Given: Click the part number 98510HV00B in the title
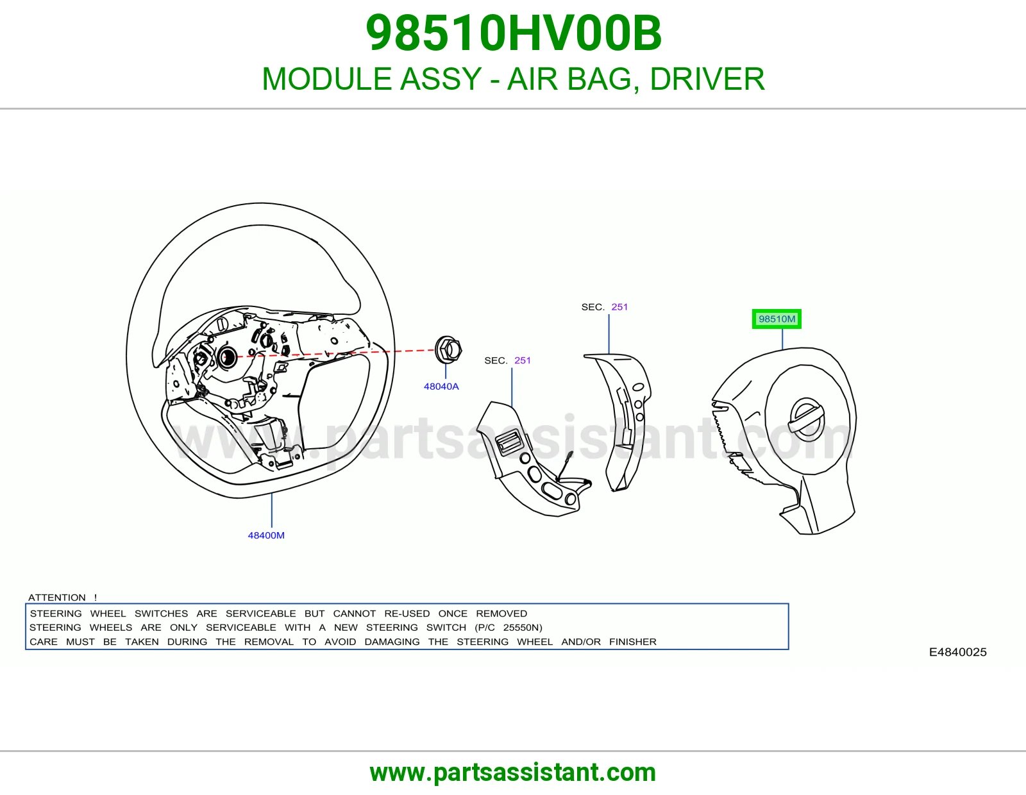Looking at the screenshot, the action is [x=513, y=33].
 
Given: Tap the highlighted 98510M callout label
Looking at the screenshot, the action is [x=777, y=319].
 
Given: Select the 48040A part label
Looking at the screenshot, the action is [x=441, y=386].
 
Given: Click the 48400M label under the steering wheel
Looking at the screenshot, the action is [x=266, y=535].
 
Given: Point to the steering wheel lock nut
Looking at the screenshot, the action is [x=448, y=350].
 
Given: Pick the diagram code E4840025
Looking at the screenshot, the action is [x=957, y=652].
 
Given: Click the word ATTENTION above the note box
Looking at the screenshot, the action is [x=56, y=597].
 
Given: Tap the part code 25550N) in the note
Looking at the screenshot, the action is [x=523, y=628].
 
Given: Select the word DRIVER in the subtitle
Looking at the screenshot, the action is [x=707, y=79].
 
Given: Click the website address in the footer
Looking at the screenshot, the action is [x=513, y=773].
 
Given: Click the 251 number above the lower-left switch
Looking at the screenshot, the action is [x=522, y=360].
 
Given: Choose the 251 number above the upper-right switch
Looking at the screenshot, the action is [x=619, y=307].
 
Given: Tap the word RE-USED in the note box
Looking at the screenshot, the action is [x=407, y=614].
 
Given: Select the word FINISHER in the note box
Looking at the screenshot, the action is [x=633, y=642].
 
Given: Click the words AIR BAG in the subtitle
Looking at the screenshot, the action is [x=569, y=79].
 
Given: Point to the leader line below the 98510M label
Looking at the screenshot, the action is [x=782, y=339].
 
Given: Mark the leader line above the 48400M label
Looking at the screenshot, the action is [x=271, y=510].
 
